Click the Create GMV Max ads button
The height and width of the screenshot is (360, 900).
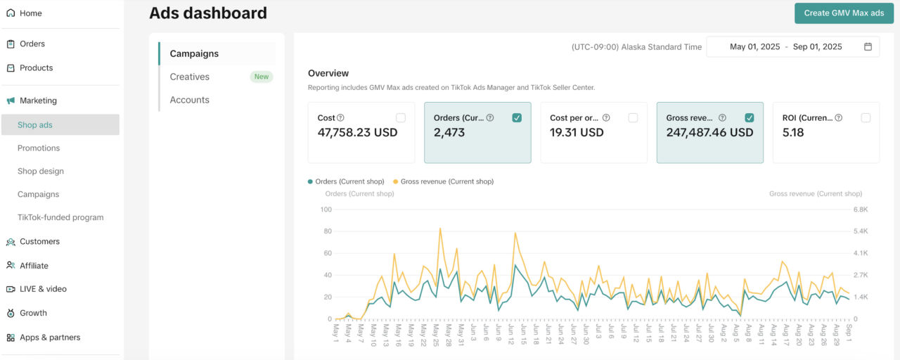click(844, 13)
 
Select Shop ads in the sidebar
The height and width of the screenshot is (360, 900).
click(35, 125)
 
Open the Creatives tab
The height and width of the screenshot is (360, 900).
click(190, 77)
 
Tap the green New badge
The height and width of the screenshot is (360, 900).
click(262, 77)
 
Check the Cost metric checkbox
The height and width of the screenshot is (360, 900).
click(401, 118)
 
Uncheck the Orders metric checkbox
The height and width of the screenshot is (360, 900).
click(517, 118)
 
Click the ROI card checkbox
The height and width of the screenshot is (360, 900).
click(866, 118)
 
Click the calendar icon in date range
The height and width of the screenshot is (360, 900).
click(868, 47)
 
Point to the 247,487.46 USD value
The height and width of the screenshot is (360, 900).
click(709, 132)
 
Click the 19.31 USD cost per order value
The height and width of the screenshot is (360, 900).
click(577, 132)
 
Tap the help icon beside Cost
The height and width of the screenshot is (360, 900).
click(340, 118)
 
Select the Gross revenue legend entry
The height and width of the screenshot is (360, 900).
click(446, 181)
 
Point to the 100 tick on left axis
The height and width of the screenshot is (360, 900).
click(326, 210)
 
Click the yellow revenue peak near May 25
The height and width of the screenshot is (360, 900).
click(440, 229)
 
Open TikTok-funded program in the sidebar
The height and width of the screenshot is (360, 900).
click(60, 217)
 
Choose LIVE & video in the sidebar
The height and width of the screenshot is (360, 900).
click(43, 289)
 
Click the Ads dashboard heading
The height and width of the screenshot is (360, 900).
click(208, 13)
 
